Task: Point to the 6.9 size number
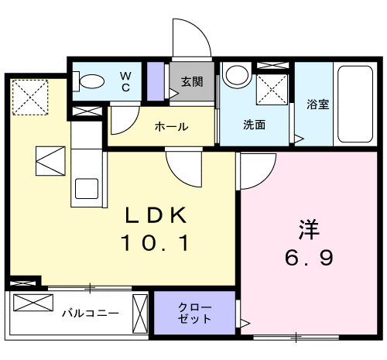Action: [309, 258]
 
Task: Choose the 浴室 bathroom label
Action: [318, 105]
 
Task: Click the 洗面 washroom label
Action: [255, 124]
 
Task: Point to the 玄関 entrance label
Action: [193, 81]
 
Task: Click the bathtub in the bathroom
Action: [355, 104]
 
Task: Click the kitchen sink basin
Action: [86, 188]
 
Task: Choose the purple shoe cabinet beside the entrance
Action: [156, 81]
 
